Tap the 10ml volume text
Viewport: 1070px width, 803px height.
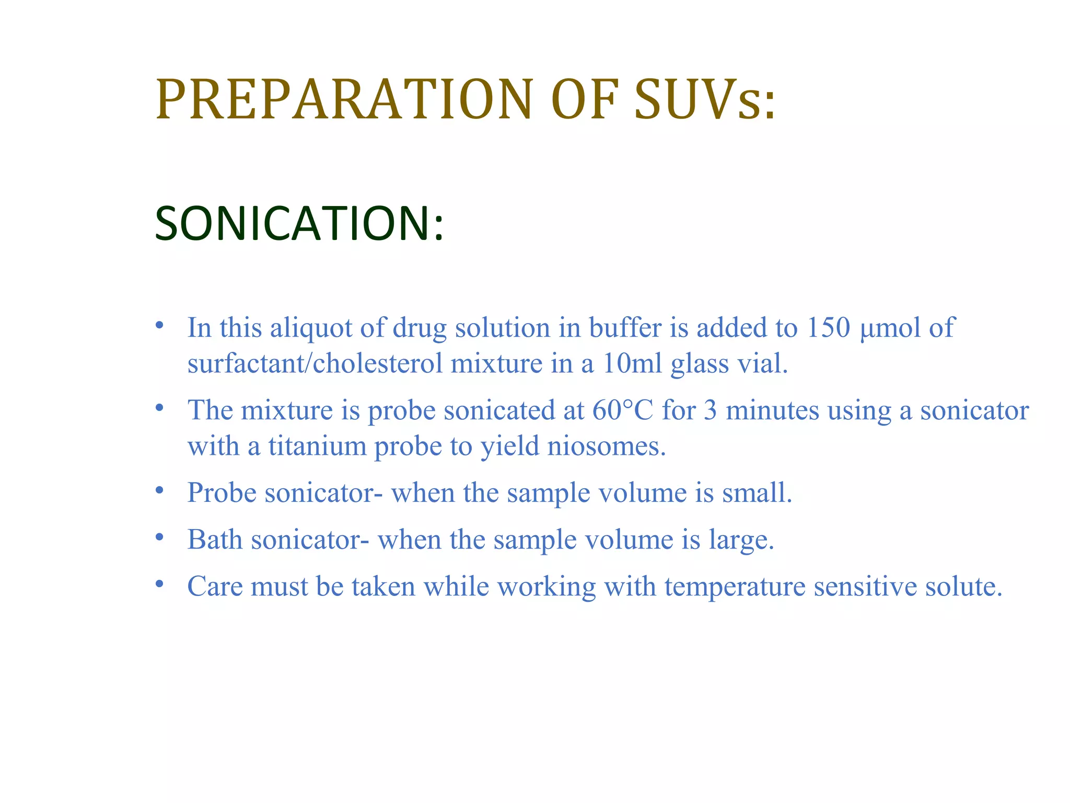tap(632, 363)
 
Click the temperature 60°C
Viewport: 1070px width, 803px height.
tap(622, 410)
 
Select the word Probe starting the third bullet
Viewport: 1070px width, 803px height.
tap(222, 493)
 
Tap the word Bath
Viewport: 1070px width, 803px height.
tap(215, 540)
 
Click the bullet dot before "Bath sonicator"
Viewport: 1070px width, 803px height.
tap(160, 537)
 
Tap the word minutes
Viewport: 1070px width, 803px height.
tap(772, 410)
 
